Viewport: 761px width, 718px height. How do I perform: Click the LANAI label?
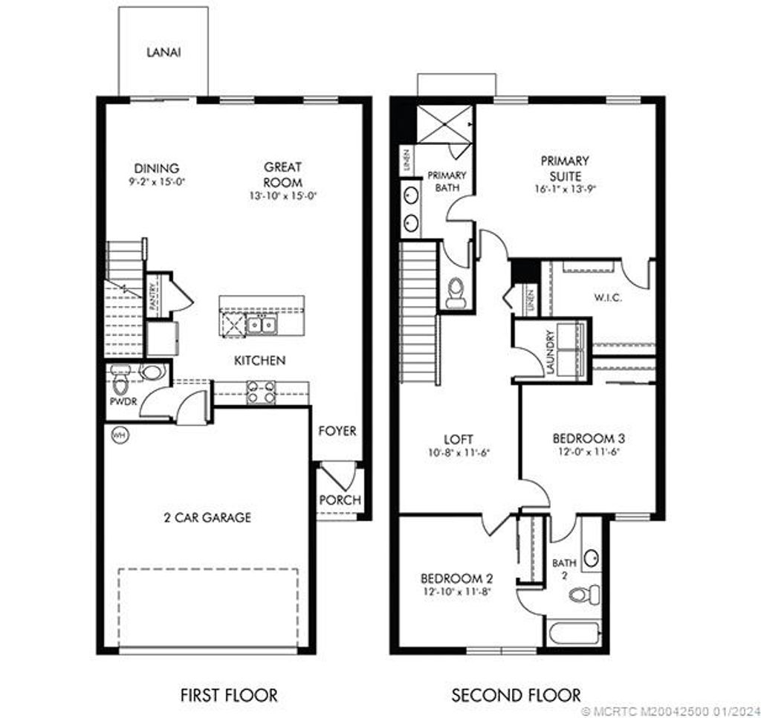pos(163,53)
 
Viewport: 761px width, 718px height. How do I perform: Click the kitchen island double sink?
pos(262,324)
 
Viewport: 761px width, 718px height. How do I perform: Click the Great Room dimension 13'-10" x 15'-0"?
pos(282,196)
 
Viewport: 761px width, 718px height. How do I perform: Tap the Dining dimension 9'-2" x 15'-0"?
pos(156,181)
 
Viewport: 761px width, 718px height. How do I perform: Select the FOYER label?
pos(337,431)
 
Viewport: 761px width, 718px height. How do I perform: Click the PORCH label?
pos(340,499)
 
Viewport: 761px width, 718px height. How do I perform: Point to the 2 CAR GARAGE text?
pos(207,517)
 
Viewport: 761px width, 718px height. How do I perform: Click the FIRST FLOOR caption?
pos(229,696)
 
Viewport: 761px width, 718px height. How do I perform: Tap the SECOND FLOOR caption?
pos(516,696)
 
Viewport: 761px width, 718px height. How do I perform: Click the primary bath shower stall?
pos(444,124)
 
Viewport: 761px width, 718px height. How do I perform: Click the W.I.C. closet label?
pos(608,298)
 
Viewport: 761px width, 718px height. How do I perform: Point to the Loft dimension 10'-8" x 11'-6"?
pos(458,453)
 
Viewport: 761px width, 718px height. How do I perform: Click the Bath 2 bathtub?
pos(575,633)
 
